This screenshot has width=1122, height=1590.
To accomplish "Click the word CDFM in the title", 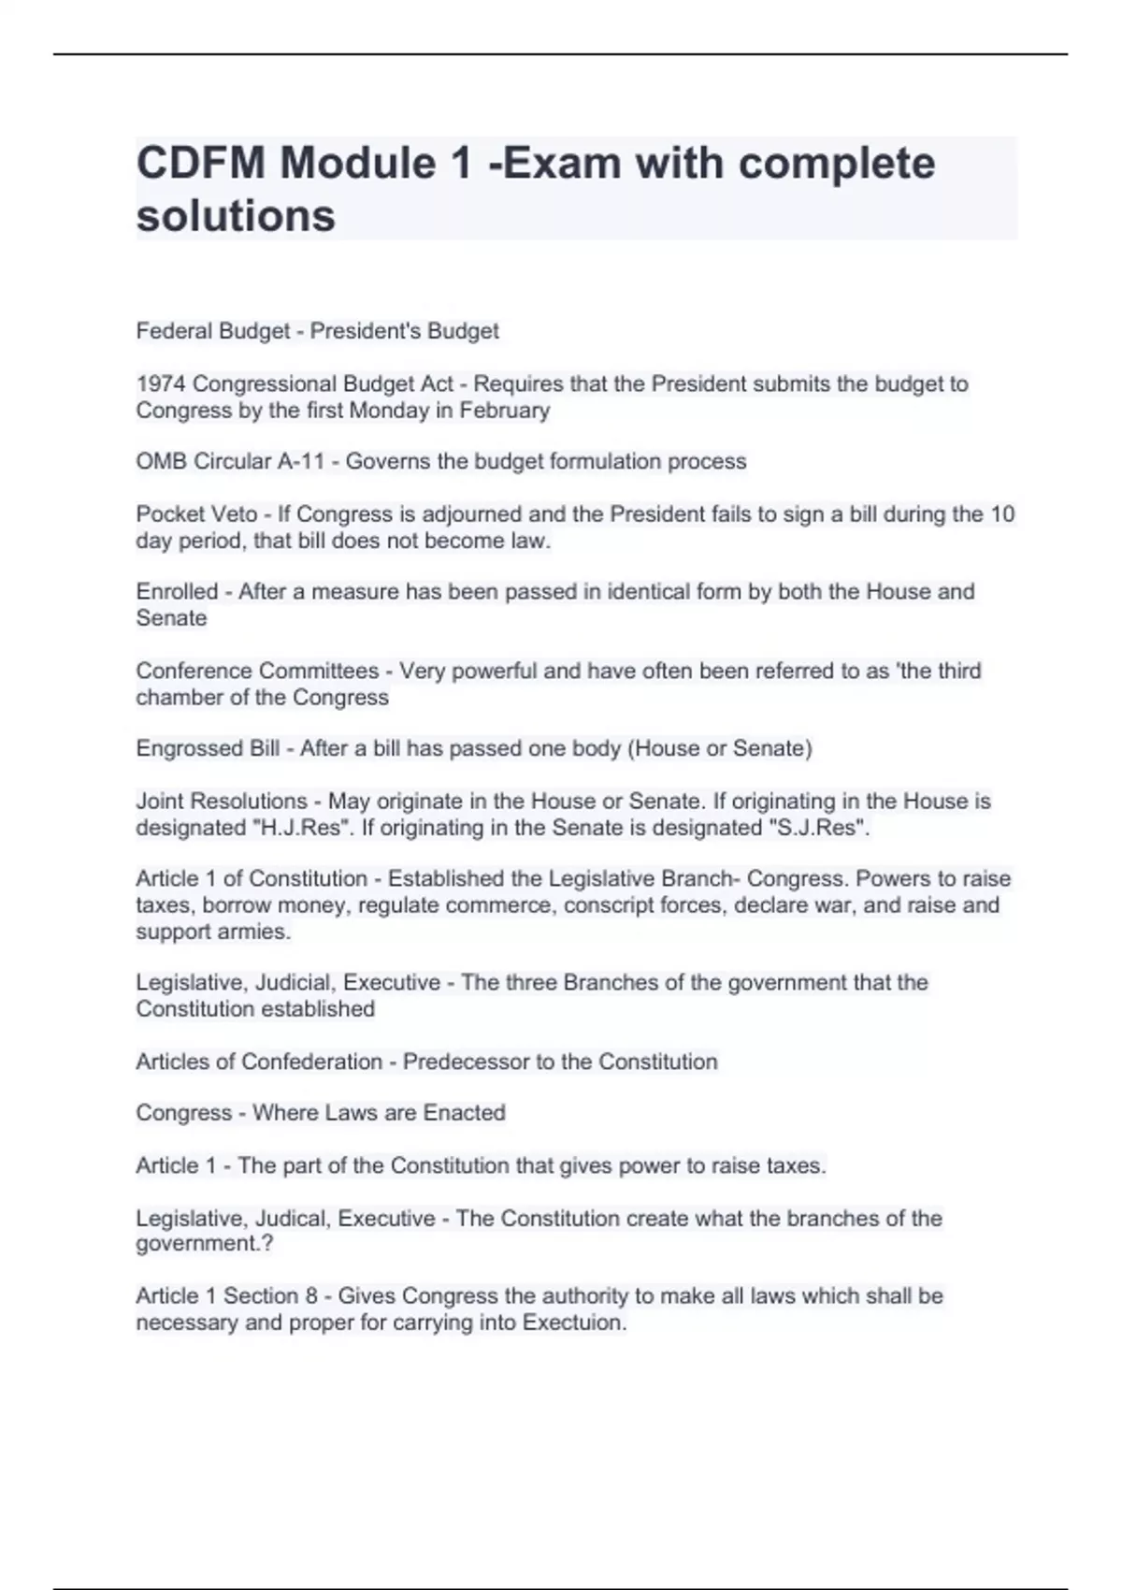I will coord(199,164).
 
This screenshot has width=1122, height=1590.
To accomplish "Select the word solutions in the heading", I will coord(236,216).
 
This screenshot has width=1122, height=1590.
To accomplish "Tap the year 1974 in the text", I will coord(161,384).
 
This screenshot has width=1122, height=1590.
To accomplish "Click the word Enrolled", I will coord(177,592).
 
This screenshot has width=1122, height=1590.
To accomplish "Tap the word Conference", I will coord(194,672).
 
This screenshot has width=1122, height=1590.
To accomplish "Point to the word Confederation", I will coord(311,1062).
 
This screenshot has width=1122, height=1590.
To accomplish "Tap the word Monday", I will coord(394,411).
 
